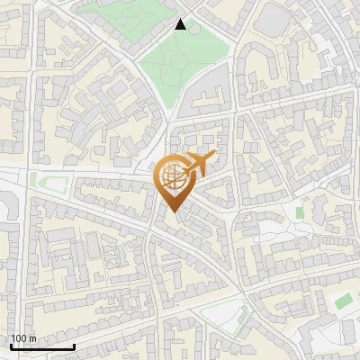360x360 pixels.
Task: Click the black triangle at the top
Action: [x=181, y=24]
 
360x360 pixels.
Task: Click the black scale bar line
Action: [x=41, y=346]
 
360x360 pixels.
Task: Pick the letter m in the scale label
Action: [x=32, y=338]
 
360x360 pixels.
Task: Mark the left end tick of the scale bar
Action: [x=11, y=345]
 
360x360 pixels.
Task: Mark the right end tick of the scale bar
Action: [x=73, y=345]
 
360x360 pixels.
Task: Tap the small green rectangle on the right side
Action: [x=300, y=212]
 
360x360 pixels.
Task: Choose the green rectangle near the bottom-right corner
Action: [x=343, y=301]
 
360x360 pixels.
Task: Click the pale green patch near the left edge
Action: [x=38, y=179]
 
